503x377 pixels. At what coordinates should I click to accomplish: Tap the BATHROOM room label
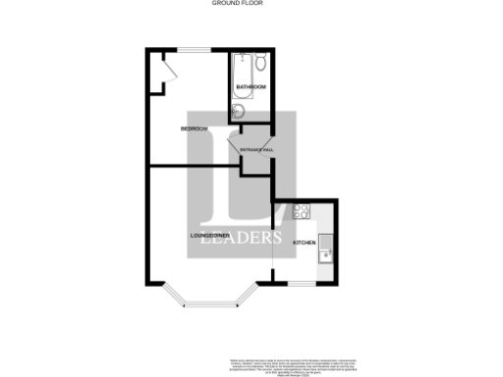[x=251, y=87]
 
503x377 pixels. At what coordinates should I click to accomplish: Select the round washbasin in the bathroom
[x=237, y=110]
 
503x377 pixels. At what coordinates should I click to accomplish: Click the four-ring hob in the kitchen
[x=300, y=210]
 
